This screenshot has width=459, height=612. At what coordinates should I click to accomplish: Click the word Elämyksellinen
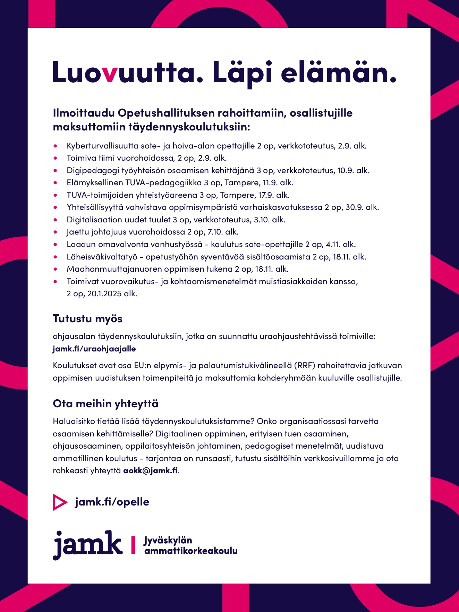coord(95,182)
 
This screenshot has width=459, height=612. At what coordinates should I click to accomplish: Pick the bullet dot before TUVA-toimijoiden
coord(56,195)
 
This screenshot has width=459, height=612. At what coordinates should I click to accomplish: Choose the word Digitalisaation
coord(94,220)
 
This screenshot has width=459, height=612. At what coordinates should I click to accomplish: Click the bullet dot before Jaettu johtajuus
coord(56,232)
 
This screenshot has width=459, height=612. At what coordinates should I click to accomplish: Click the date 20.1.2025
coord(104,294)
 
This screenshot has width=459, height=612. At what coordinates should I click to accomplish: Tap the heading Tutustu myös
coord(87,318)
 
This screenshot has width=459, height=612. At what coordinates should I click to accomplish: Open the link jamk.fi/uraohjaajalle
coord(94,349)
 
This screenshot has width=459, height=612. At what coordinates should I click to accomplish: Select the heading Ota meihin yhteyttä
coord(105,403)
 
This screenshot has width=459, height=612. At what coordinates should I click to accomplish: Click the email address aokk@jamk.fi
coord(151,470)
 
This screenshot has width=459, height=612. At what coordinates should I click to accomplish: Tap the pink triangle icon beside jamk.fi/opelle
coord(59,502)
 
